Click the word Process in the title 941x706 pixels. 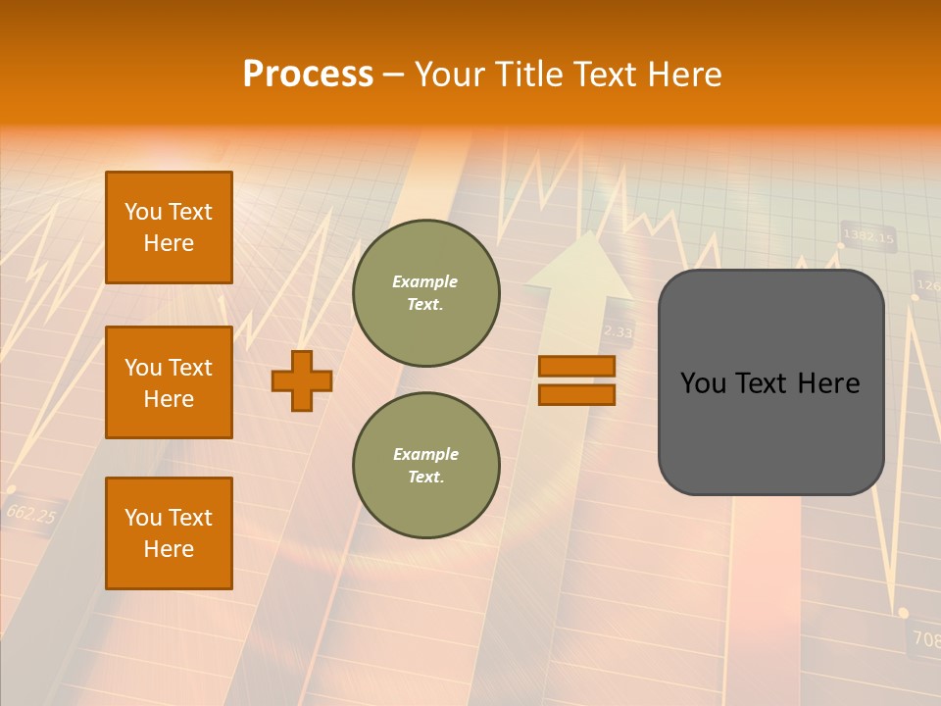point(308,74)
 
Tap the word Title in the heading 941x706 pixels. point(525,75)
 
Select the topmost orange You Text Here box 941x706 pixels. point(169,227)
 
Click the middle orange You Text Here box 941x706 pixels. point(169,382)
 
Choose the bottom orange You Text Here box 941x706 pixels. point(169,533)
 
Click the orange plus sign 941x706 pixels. point(302,380)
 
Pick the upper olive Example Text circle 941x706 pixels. point(425,293)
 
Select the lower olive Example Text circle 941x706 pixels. point(425,465)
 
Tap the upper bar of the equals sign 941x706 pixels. point(576,366)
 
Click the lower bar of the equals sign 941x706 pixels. point(576,394)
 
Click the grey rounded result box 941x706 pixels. point(770,382)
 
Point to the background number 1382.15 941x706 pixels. point(868,237)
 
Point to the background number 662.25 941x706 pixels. point(31,513)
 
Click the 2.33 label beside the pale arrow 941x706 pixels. point(618,332)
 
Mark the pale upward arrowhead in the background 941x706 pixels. point(580,265)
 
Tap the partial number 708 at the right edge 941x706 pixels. point(924,639)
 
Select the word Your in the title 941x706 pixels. point(447,75)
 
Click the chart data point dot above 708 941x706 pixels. point(903,613)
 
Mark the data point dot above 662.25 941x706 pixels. point(11,488)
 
